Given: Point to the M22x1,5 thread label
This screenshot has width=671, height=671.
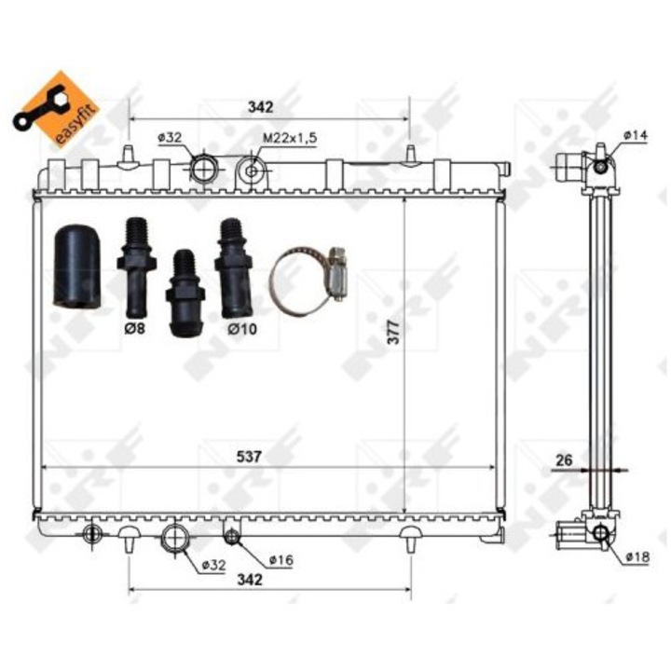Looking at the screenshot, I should tap(289, 137).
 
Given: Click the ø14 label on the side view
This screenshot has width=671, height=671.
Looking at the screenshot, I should tap(636, 136).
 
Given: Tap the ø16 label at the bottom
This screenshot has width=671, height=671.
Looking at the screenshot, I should tap(281, 560).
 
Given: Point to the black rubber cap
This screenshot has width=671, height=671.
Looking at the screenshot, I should tap(76, 265).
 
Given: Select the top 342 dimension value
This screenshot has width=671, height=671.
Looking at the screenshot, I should tap(260, 107).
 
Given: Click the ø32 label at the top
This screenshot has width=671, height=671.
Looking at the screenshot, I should tap(170, 137).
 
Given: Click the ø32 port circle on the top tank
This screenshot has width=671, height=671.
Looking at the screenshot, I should tap(203, 169).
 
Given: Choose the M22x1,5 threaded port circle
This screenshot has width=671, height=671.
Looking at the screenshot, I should tap(251, 171).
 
